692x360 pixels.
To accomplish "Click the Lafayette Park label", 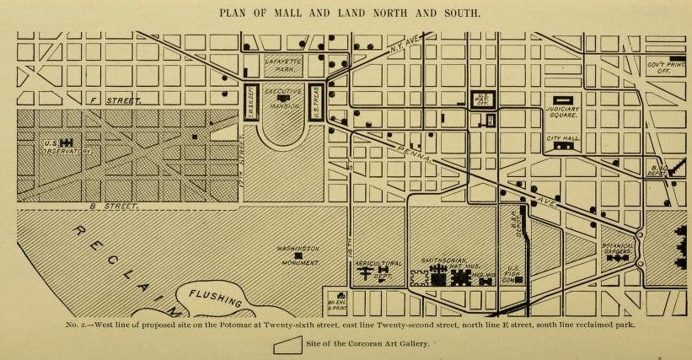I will pos(283,65).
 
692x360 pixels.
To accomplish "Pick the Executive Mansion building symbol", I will pos(282,100).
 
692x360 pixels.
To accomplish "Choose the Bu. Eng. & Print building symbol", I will pos(340,296).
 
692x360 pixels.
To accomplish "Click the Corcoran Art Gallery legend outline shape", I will pos(287,344).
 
